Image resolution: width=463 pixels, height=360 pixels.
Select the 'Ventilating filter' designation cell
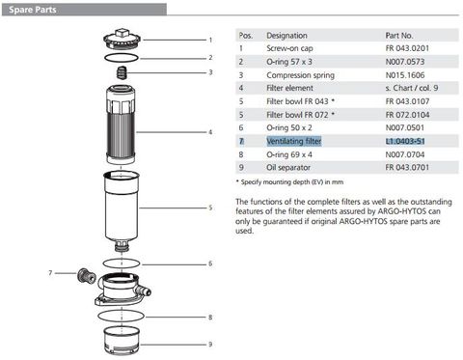(296, 140)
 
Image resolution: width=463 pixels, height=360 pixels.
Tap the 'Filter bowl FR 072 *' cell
(301, 113)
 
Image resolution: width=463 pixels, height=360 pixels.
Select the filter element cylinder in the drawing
(123, 131)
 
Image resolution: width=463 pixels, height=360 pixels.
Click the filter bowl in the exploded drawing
(123, 208)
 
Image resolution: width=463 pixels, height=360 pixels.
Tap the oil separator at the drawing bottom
(123, 341)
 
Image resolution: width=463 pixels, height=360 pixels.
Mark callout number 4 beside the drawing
(210, 131)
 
